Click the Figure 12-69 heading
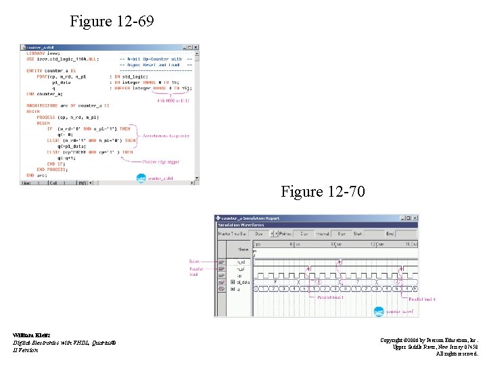pos(112,22)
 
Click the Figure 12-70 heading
pos(323,193)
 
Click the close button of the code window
pos(196,48)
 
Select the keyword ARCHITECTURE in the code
pos(43,106)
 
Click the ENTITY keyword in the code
pos(34,70)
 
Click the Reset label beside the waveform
pos(193,260)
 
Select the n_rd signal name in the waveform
pos(240,262)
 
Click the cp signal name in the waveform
pos(239,275)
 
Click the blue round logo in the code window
pos(141,178)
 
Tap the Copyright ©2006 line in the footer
pos(429,340)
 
